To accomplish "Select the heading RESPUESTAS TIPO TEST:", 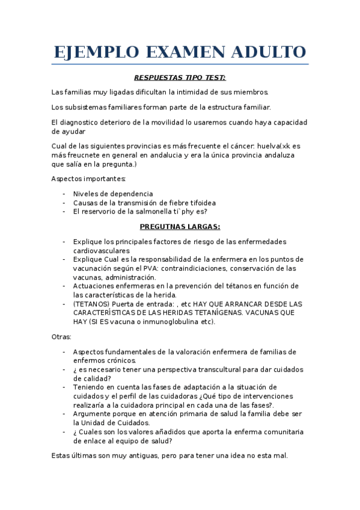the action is point(180,78).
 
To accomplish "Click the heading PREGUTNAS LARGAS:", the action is point(180,226).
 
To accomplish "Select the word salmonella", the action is point(153,212).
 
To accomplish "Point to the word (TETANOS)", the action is point(92,304).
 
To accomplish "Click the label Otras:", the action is point(61,337).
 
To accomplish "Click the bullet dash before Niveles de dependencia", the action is point(64,194).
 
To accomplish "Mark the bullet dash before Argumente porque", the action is point(64,414).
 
